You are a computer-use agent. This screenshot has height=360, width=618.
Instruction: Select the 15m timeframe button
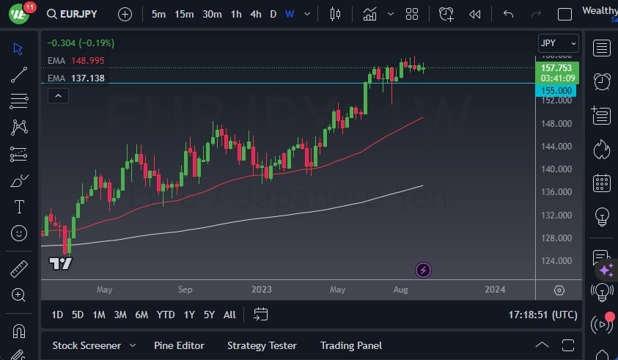[x=184, y=14]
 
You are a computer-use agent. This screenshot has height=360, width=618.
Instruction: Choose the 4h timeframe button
[x=255, y=14]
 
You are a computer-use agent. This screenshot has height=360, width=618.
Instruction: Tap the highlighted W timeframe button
[x=290, y=14]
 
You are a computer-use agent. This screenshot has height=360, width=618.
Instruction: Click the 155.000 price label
[x=556, y=90]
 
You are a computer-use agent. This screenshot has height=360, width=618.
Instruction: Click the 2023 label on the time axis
[x=261, y=290]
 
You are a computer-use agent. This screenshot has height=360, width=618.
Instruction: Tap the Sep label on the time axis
[x=185, y=290]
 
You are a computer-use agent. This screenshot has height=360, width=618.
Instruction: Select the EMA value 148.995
[x=87, y=60]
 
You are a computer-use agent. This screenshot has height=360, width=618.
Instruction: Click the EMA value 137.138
[x=87, y=78]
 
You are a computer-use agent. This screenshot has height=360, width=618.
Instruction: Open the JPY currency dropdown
[x=558, y=43]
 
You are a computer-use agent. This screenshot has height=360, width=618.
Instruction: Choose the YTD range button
[x=166, y=315]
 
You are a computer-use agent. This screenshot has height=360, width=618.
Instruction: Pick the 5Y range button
[x=209, y=315]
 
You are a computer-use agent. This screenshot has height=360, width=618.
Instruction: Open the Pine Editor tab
[x=179, y=345]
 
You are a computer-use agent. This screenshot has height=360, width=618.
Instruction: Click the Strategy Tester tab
[x=262, y=345]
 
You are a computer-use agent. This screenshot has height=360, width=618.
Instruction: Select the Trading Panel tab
[x=351, y=345]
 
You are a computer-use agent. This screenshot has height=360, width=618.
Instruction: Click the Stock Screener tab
[x=87, y=345]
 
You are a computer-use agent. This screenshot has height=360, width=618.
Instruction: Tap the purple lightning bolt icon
[x=423, y=270]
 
